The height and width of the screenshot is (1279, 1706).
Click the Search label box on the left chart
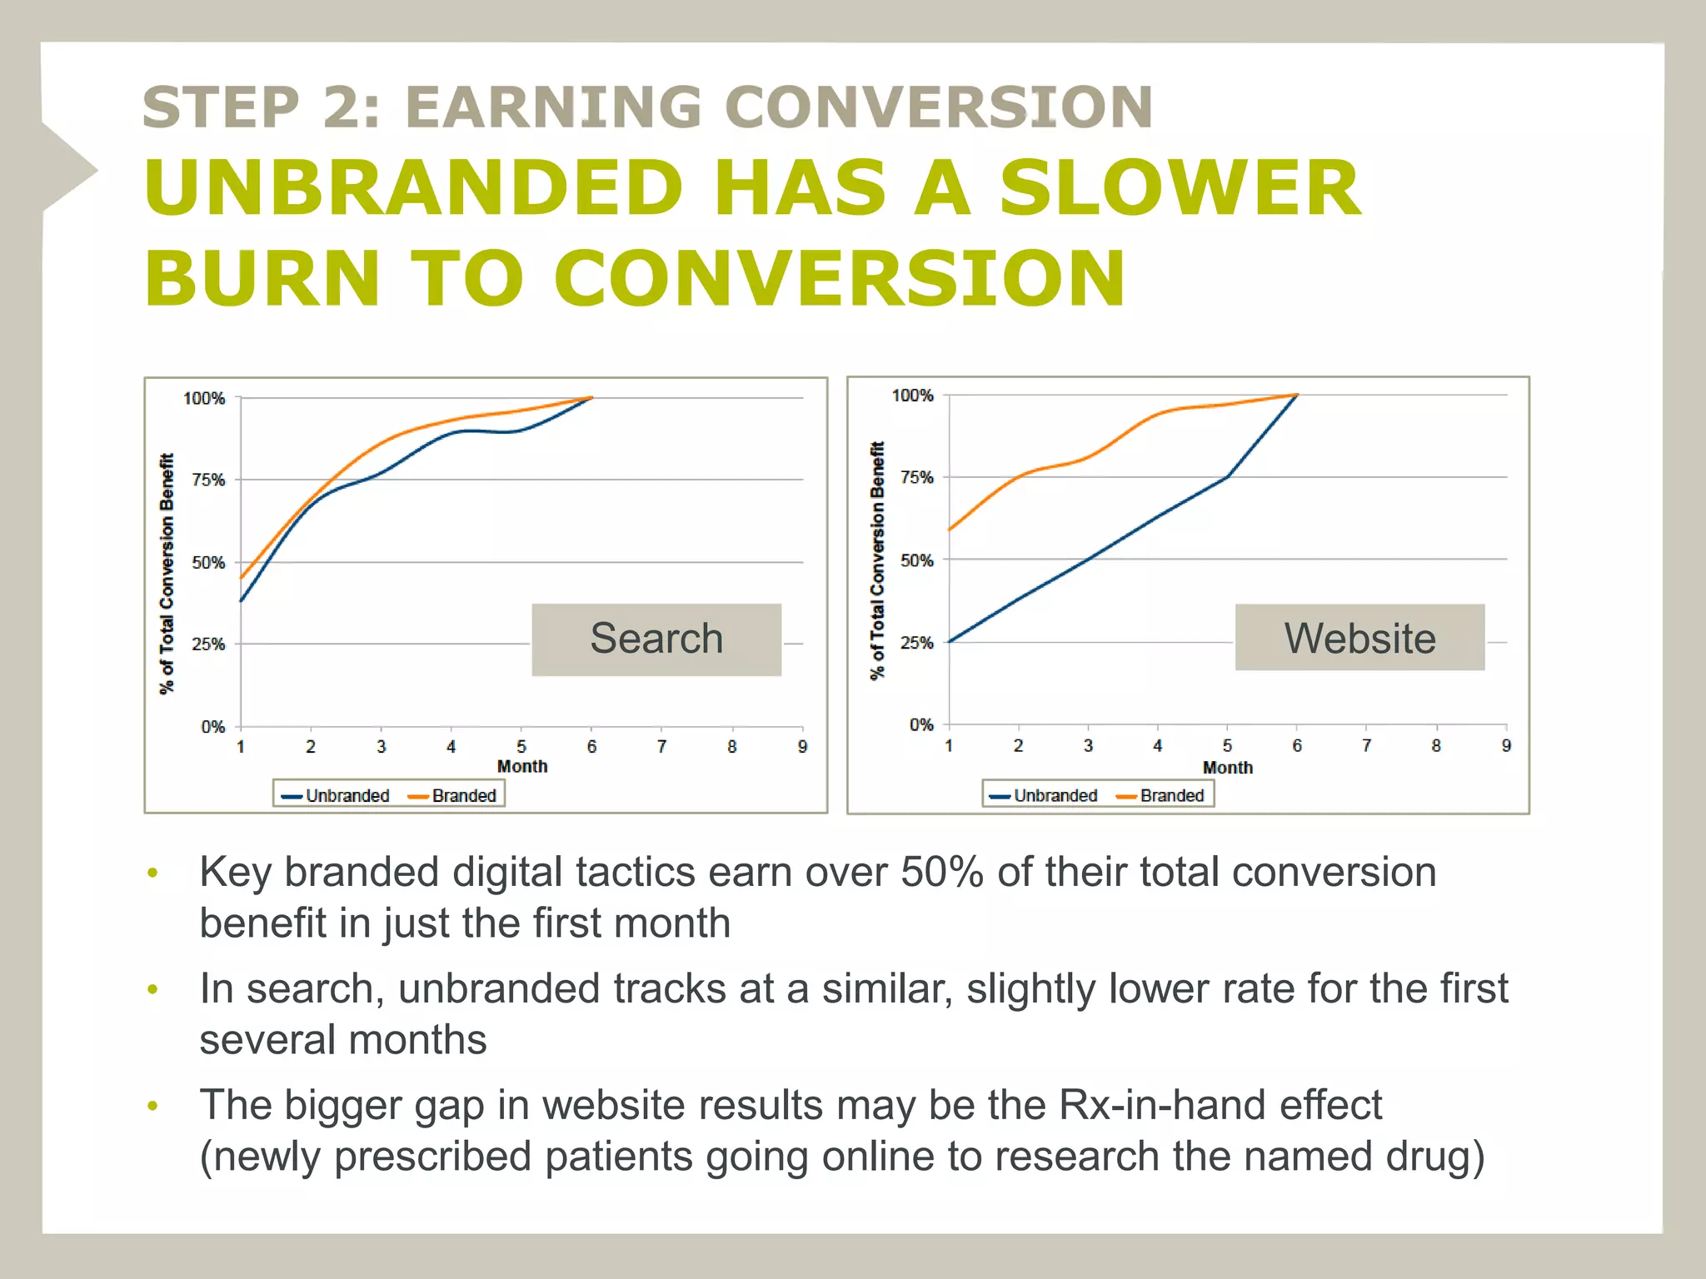(656, 639)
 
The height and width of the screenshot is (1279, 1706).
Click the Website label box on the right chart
(1359, 638)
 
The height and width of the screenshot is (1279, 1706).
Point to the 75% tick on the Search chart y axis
(208, 480)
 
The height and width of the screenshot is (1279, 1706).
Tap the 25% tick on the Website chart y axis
(916, 643)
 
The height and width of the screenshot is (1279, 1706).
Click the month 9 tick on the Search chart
(802, 746)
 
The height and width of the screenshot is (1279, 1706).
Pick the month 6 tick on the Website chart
(1297, 745)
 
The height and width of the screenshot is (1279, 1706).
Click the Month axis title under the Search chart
(522, 766)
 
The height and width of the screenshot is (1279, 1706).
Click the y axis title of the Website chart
(876, 560)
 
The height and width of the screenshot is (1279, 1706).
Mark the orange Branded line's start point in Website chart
(950, 530)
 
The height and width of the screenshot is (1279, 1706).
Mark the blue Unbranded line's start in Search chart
(242, 600)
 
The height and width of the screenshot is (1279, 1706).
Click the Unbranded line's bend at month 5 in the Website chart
(1228, 476)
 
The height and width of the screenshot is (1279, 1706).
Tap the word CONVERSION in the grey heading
(939, 107)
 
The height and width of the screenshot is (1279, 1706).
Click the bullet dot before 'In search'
(152, 989)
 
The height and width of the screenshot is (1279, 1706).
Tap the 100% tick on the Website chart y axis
(912, 396)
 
